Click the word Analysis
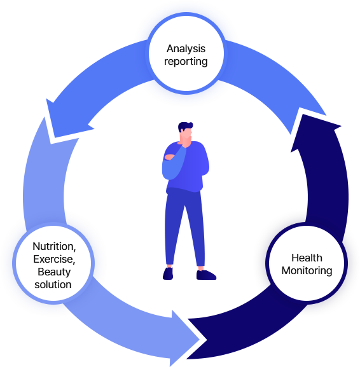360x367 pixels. coord(186,49)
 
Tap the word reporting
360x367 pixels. coord(186,62)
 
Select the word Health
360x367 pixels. coord(307,258)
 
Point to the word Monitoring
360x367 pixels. coord(307,271)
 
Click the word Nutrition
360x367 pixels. coord(54,246)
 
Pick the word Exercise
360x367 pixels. coord(54,259)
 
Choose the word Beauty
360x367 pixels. coord(54,272)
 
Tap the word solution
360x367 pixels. coord(53,284)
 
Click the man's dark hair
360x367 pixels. coord(184,127)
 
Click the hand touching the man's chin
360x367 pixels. coord(186,142)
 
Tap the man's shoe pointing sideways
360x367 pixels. coord(206,275)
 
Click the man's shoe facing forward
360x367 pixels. coord(168,274)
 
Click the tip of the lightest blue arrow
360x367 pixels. coord(200,340)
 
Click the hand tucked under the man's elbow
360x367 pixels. coord(169,157)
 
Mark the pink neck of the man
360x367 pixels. coord(182,140)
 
